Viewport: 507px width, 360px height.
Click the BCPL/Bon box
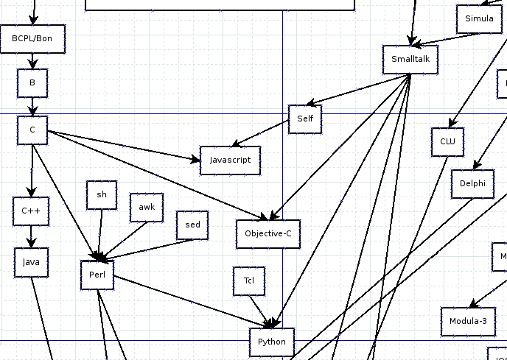33,39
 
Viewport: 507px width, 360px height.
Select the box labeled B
32,83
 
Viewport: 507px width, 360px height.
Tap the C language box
32,130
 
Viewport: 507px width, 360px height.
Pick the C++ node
31,211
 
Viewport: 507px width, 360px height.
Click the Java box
31,263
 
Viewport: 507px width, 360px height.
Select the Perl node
97,275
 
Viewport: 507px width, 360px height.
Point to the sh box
102,195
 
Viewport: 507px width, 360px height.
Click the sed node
192,225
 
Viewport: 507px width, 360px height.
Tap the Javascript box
230,160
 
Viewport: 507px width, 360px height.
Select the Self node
305,119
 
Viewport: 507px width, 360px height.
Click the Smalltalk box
410,60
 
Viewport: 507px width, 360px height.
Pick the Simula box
480,18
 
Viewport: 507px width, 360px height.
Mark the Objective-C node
268,234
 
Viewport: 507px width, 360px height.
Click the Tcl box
249,281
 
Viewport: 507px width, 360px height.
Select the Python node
272,342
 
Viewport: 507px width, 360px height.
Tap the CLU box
448,142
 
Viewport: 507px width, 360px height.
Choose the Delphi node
472,184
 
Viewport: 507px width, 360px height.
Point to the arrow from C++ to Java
31,237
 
